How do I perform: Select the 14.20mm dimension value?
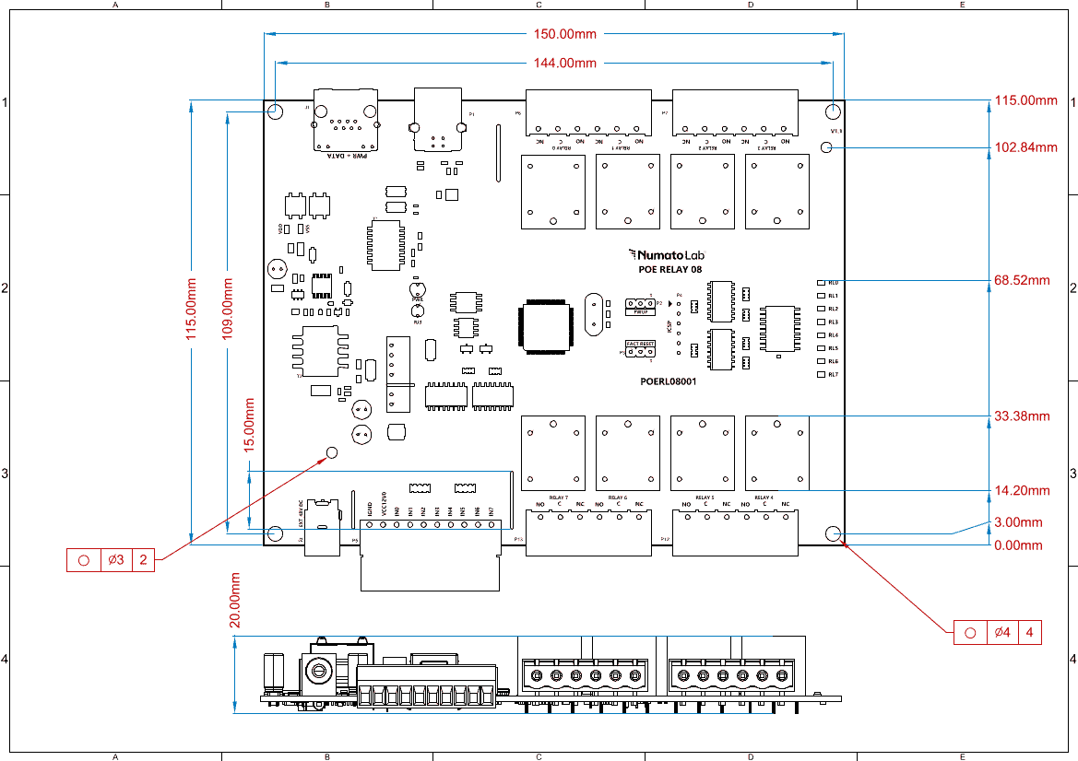tap(1023, 490)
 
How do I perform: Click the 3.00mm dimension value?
tap(1018, 522)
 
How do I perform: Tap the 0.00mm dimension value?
tap(1018, 545)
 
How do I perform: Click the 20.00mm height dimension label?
tap(235, 599)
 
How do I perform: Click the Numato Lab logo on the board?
tap(665, 253)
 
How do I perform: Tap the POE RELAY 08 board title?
tap(670, 271)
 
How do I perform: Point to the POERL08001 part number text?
tap(668, 380)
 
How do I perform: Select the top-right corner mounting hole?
tap(834, 111)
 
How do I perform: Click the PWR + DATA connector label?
tap(347, 156)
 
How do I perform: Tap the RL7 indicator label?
tap(833, 375)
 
